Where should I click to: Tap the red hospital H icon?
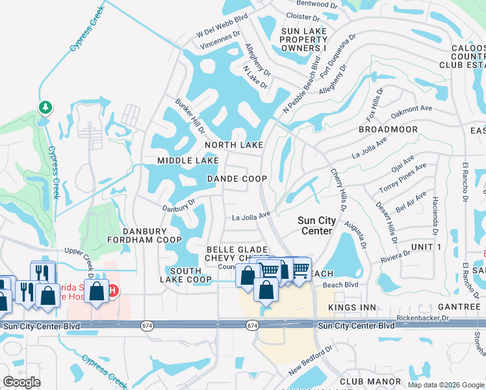112,289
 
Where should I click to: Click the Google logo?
22,382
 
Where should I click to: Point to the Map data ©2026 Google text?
445,385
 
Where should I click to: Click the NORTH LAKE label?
234,145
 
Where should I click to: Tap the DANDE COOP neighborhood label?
237,178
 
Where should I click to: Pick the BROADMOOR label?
388,130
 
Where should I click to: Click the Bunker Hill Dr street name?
189,116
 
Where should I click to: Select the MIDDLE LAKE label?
187,161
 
